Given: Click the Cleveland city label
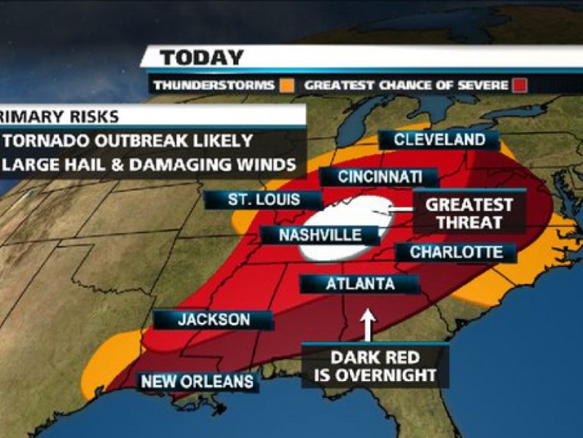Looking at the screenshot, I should pos(439,140).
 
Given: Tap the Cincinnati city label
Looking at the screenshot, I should pos(380,177).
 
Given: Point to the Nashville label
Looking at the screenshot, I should pos(321,235).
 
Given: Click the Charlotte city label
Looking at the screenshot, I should pos(456,253).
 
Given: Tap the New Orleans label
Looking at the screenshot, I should pos(197,381).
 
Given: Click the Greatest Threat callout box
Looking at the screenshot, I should pos(469,213).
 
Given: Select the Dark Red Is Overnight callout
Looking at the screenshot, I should pos(375,366).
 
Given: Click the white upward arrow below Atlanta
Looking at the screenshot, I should pos(367,325).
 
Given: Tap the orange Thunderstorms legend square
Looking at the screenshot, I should pos(287,85).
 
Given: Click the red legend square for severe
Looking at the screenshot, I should pos(519,85).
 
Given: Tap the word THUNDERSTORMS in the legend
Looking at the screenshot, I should pos(214,85).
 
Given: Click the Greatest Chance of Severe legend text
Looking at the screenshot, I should pos(406,85).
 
